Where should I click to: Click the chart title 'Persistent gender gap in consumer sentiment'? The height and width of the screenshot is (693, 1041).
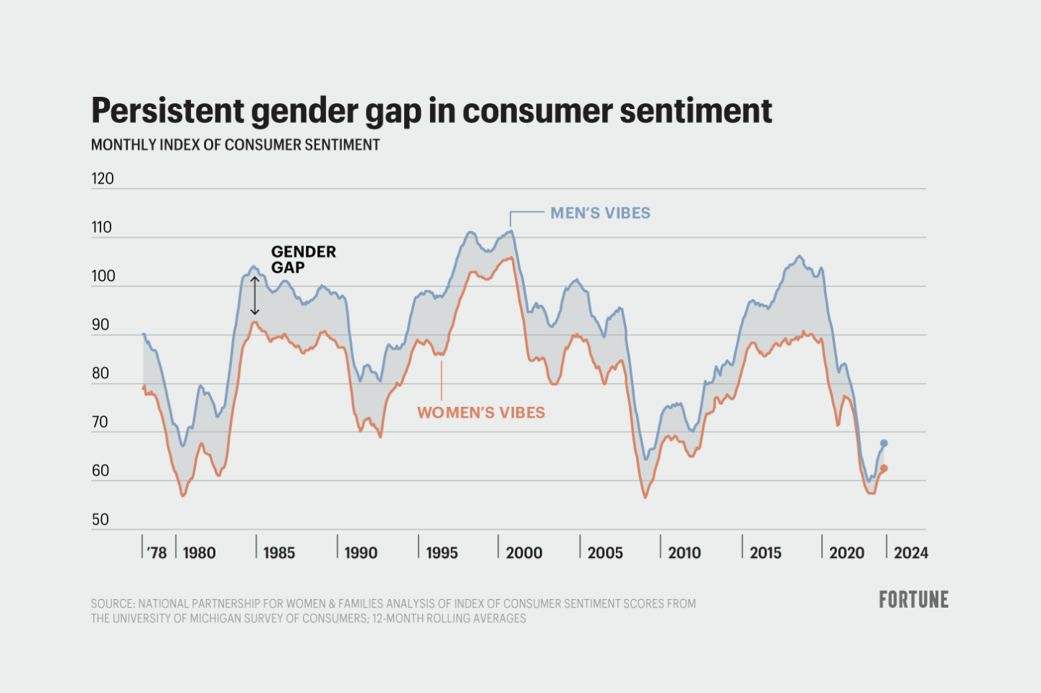pyautogui.click(x=432, y=111)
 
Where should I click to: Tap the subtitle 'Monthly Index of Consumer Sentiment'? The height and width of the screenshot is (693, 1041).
pyautogui.click(x=235, y=145)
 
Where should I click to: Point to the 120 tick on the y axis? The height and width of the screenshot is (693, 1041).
pyautogui.click(x=103, y=178)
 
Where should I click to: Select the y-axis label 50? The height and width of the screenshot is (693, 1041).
pyautogui.click(x=100, y=520)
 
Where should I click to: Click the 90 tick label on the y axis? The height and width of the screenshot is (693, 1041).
pyautogui.click(x=100, y=324)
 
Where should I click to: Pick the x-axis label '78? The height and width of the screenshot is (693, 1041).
pyautogui.click(x=156, y=553)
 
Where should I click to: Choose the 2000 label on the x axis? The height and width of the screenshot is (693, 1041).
pyautogui.click(x=523, y=553)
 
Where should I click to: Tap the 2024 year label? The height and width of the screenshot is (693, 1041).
pyautogui.click(x=910, y=553)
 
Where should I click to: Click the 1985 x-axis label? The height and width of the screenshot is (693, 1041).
pyautogui.click(x=278, y=553)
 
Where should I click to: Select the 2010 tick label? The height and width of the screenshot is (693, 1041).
pyautogui.click(x=684, y=553)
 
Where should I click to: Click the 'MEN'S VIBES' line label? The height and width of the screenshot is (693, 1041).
pyautogui.click(x=600, y=213)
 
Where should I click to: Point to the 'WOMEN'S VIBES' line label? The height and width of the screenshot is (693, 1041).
pyautogui.click(x=481, y=413)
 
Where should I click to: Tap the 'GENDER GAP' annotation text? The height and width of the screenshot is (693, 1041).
pyautogui.click(x=303, y=259)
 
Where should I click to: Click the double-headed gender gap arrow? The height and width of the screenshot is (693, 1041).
pyautogui.click(x=254, y=296)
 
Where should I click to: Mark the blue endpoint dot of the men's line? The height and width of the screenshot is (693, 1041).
pyautogui.click(x=883, y=443)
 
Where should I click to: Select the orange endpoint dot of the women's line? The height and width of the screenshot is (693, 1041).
pyautogui.click(x=883, y=468)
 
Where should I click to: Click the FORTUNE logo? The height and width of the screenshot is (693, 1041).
pyautogui.click(x=913, y=600)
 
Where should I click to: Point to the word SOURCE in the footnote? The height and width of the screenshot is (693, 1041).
pyautogui.click(x=113, y=603)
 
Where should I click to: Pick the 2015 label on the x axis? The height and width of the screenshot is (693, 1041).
pyautogui.click(x=765, y=553)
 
